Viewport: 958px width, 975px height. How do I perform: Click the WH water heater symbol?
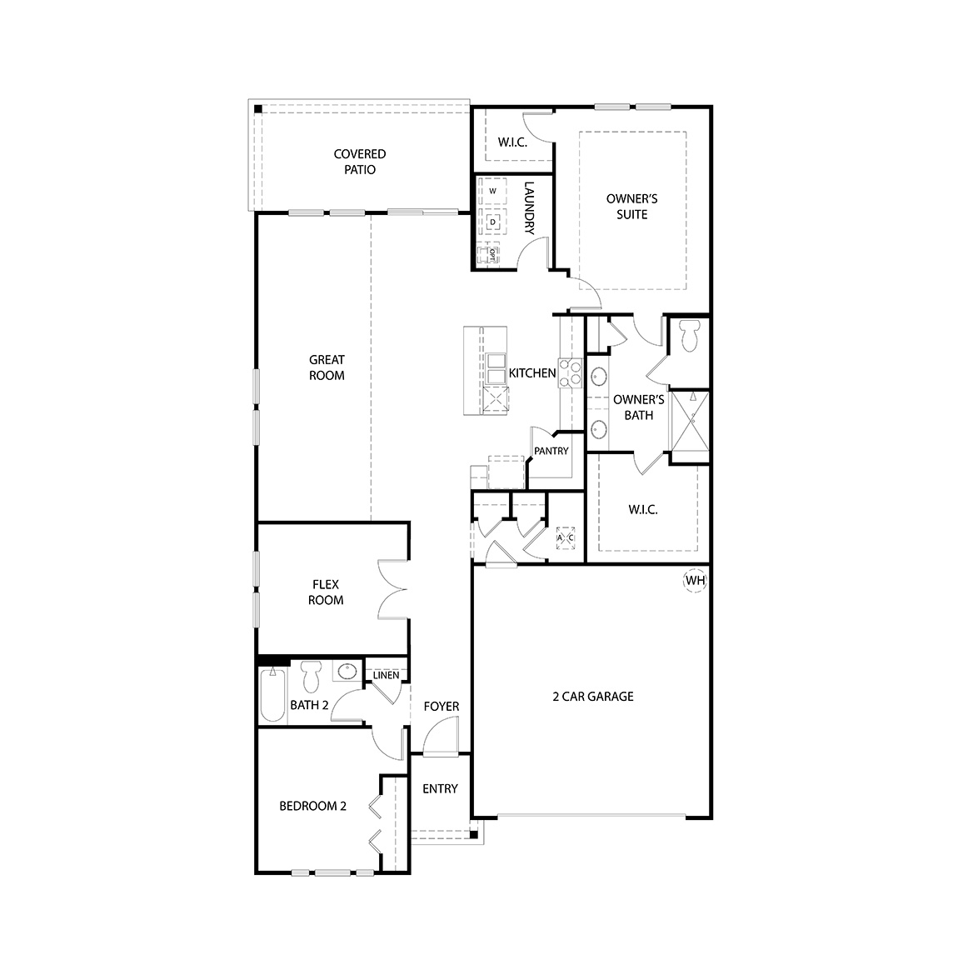[695, 580]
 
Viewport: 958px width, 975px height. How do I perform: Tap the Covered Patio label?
[360, 162]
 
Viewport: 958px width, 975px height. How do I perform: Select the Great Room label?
[327, 367]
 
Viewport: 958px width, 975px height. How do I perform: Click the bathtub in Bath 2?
[272, 695]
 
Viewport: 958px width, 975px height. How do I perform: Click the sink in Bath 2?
[347, 672]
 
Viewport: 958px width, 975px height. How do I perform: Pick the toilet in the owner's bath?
[689, 337]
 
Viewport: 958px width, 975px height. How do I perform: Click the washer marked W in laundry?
[492, 192]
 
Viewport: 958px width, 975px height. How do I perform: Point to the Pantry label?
[551, 451]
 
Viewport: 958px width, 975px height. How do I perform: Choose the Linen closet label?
[386, 675]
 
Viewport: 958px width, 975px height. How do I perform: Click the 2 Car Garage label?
[593, 697]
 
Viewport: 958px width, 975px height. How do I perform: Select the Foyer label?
[441, 706]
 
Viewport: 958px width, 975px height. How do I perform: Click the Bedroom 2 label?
[312, 806]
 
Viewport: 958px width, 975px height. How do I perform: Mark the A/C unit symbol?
[566, 538]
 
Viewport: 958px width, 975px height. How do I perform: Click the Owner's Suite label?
[631, 207]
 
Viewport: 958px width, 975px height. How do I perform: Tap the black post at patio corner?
[258, 108]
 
